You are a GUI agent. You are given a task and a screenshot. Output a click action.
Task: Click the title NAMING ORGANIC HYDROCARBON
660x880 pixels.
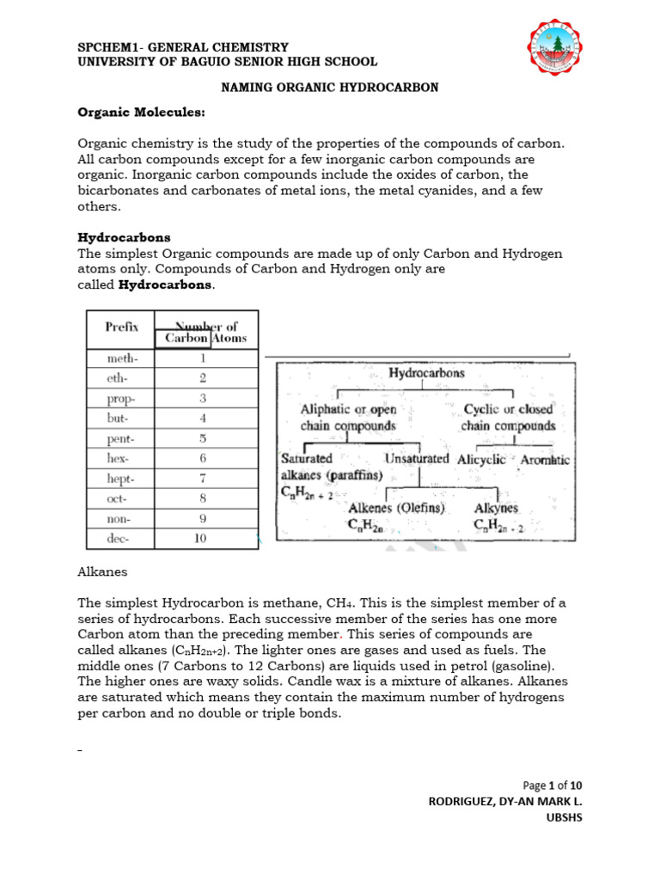coord(330,88)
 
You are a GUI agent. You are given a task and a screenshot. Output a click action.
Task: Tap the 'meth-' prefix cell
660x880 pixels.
coord(121,359)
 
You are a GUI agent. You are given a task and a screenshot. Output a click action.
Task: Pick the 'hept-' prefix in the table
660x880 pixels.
coord(121,478)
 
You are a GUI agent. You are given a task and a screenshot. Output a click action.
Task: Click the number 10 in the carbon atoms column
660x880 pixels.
coord(203,539)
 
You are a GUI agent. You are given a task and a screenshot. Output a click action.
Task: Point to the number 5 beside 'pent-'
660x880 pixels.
coord(203,438)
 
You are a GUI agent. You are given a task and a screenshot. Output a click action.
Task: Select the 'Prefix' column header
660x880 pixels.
coord(121,327)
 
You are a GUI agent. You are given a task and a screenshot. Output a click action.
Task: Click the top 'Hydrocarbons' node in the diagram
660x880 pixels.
coord(426,374)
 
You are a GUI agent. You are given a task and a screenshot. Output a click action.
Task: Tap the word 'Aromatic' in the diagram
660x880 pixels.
coord(545,460)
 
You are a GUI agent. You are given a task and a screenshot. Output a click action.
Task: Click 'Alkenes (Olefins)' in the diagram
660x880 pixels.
coord(396,509)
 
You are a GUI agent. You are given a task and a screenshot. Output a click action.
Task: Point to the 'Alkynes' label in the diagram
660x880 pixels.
coord(496,509)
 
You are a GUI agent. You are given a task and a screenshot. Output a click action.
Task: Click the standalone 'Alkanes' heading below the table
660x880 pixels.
coord(101,571)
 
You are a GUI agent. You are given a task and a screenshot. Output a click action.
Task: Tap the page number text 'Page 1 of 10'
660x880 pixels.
coord(553,785)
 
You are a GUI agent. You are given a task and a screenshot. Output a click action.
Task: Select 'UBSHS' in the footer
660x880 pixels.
coord(565,817)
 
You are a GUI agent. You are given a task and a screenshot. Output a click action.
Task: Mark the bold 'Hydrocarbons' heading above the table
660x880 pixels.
coord(124,236)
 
